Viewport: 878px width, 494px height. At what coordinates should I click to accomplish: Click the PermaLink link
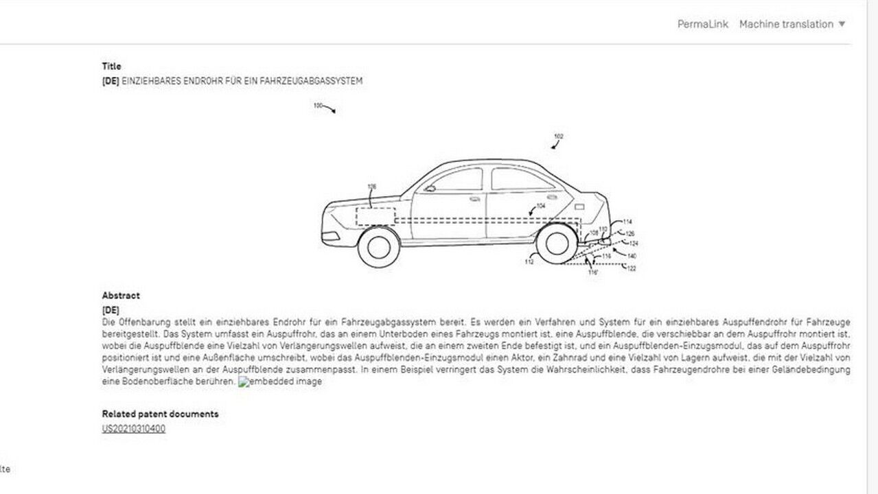coord(702,24)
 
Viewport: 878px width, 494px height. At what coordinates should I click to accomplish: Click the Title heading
coord(111,67)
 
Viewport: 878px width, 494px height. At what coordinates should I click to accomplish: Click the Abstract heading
coord(121,296)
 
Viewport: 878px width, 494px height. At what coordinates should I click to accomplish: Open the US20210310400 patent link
coord(134,429)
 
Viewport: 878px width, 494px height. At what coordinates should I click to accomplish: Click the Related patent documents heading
coord(160,414)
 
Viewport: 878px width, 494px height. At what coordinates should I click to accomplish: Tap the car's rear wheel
coord(556,244)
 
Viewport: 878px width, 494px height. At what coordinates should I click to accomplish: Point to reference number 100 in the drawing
coord(318,106)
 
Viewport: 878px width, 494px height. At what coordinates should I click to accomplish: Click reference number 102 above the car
coord(559,137)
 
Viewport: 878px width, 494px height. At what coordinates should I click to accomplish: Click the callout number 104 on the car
coord(541,206)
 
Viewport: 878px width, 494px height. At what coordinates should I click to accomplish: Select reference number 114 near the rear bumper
coord(627,222)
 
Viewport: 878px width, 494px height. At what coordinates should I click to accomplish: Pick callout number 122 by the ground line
coord(632,268)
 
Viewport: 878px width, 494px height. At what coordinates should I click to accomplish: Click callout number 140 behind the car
coord(632,256)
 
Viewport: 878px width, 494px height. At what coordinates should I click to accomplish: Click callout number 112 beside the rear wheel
coord(529,261)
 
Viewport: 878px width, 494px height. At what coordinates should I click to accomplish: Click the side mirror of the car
coord(430,188)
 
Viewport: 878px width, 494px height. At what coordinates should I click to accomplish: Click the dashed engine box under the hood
coord(375,215)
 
